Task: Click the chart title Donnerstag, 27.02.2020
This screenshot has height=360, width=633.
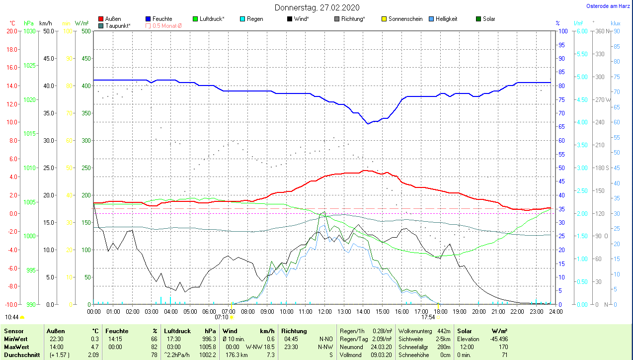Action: pos(317,7)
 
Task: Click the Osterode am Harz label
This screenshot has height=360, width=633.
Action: pos(609,6)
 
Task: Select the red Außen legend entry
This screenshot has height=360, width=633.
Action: pos(113,19)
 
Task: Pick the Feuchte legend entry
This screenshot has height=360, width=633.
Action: pos(162,19)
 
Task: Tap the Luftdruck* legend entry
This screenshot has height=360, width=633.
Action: pos(212,19)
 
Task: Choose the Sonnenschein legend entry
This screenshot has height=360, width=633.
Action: pos(405,19)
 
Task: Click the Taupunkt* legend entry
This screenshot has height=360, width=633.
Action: pos(117,25)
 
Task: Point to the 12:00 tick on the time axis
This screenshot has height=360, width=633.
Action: pos(324,312)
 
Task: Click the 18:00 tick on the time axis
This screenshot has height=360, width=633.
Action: pos(440,312)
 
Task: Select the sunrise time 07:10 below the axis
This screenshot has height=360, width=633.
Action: pos(222,317)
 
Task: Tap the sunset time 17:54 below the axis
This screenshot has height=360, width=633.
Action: pos(428,317)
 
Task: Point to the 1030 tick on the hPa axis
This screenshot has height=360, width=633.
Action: pos(30,31)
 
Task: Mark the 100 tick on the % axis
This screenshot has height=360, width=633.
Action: pos(563,31)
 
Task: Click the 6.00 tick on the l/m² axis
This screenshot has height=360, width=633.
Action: pos(582,31)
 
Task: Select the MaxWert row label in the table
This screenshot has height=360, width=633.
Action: pos(16,347)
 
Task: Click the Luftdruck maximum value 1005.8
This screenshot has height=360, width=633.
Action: pos(207,347)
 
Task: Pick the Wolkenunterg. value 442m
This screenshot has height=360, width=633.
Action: pos(444,331)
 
